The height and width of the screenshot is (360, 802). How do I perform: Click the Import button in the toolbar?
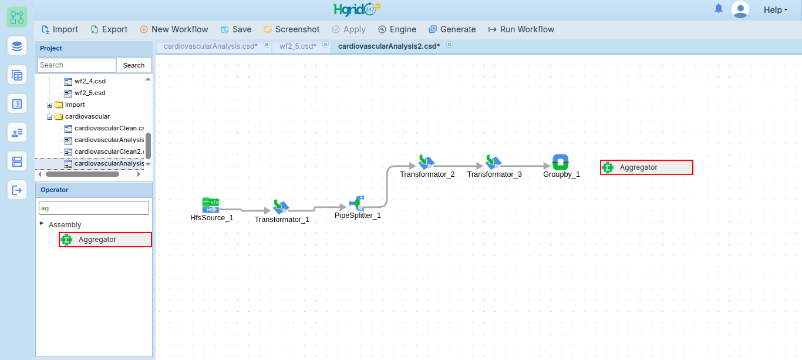[x=60, y=29]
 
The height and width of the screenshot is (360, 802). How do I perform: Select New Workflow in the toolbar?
[x=174, y=29]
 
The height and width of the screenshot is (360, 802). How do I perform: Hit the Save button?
[x=236, y=29]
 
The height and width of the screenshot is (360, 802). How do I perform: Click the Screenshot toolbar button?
[x=291, y=29]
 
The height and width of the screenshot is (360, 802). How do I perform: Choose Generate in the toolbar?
[x=452, y=29]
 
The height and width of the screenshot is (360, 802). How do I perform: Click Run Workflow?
[x=521, y=29]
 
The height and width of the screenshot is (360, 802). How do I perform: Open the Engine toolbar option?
[x=397, y=29]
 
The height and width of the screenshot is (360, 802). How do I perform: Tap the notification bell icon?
[x=718, y=9]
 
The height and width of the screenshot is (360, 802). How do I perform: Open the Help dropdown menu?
[x=775, y=10]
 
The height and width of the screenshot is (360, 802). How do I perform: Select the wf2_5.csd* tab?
[x=298, y=46]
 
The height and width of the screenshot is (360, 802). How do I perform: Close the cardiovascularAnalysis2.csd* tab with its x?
[x=449, y=45]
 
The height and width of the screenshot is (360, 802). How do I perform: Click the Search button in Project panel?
[x=133, y=65]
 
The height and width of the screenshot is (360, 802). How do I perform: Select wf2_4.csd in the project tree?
[x=90, y=81]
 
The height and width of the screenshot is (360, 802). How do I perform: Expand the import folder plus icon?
[x=50, y=105]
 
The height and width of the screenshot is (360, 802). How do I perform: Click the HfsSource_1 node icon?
[x=211, y=206]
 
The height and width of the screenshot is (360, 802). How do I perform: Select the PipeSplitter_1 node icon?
[x=358, y=203]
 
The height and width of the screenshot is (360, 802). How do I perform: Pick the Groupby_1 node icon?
[x=560, y=162]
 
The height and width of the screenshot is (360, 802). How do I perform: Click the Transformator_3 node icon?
[x=493, y=162]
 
